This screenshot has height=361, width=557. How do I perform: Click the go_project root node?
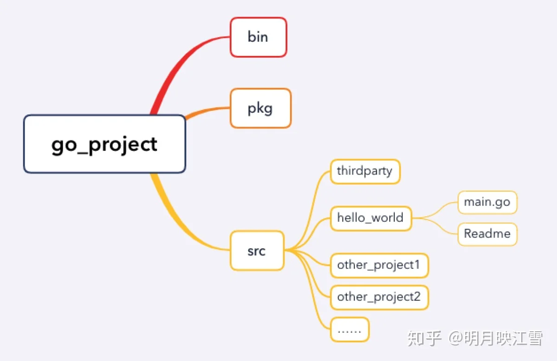coord(104,144)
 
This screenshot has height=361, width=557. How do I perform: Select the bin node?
coord(259,37)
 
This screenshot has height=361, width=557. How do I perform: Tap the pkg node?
coord(260,108)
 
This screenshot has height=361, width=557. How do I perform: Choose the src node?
coord(257,251)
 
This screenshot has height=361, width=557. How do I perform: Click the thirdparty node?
coord(365,172)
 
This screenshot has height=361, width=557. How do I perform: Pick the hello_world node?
coord(371,219)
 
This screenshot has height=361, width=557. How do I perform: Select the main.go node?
coord(487,202)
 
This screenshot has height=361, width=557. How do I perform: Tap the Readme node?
coord(487,234)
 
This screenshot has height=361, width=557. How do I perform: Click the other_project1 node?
coord(380,265)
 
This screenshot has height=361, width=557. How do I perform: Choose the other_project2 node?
coord(380,297)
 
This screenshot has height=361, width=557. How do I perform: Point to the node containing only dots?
coord(350,329)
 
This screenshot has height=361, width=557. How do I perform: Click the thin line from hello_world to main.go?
coord(436,211)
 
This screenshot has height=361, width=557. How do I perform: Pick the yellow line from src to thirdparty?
coord(311,211)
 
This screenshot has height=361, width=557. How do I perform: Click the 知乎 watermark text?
coord(424,338)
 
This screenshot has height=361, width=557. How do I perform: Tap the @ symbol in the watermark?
coord(456,338)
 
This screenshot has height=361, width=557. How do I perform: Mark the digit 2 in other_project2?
coord(416,297)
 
